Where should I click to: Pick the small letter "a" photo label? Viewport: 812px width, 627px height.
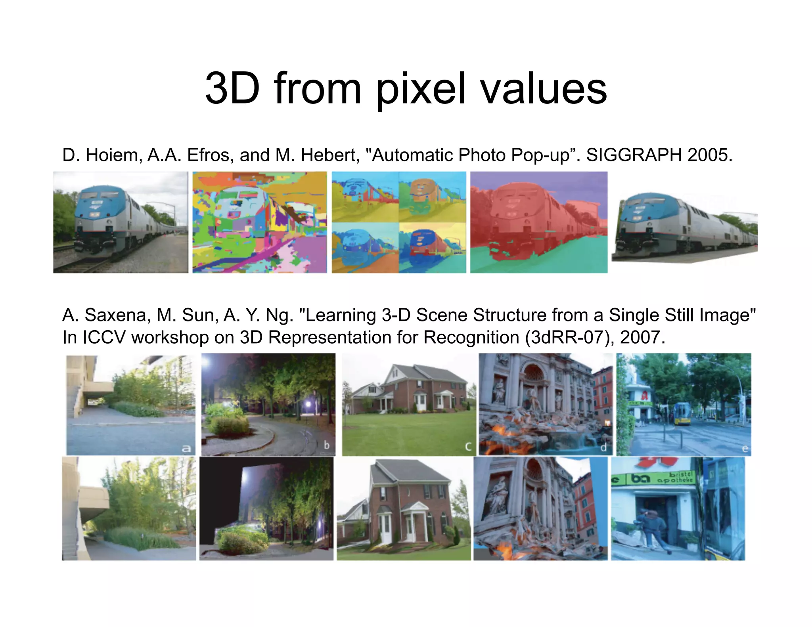point(186,449)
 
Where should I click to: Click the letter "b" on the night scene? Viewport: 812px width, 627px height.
point(326,445)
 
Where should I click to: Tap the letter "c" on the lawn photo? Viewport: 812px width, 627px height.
point(468,447)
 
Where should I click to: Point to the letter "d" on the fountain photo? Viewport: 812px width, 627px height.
point(603,447)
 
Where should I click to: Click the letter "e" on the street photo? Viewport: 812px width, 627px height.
point(745,449)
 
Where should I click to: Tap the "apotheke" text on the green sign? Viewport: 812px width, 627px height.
point(675,480)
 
